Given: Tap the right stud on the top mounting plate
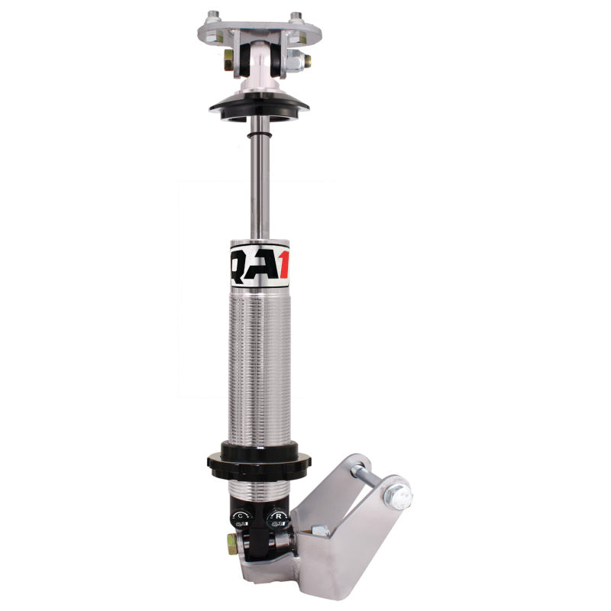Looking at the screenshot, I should [296, 16].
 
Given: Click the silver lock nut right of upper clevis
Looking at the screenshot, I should [304, 61].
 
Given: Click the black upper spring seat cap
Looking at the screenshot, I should [260, 106].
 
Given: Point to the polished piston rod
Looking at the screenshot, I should [260, 176].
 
